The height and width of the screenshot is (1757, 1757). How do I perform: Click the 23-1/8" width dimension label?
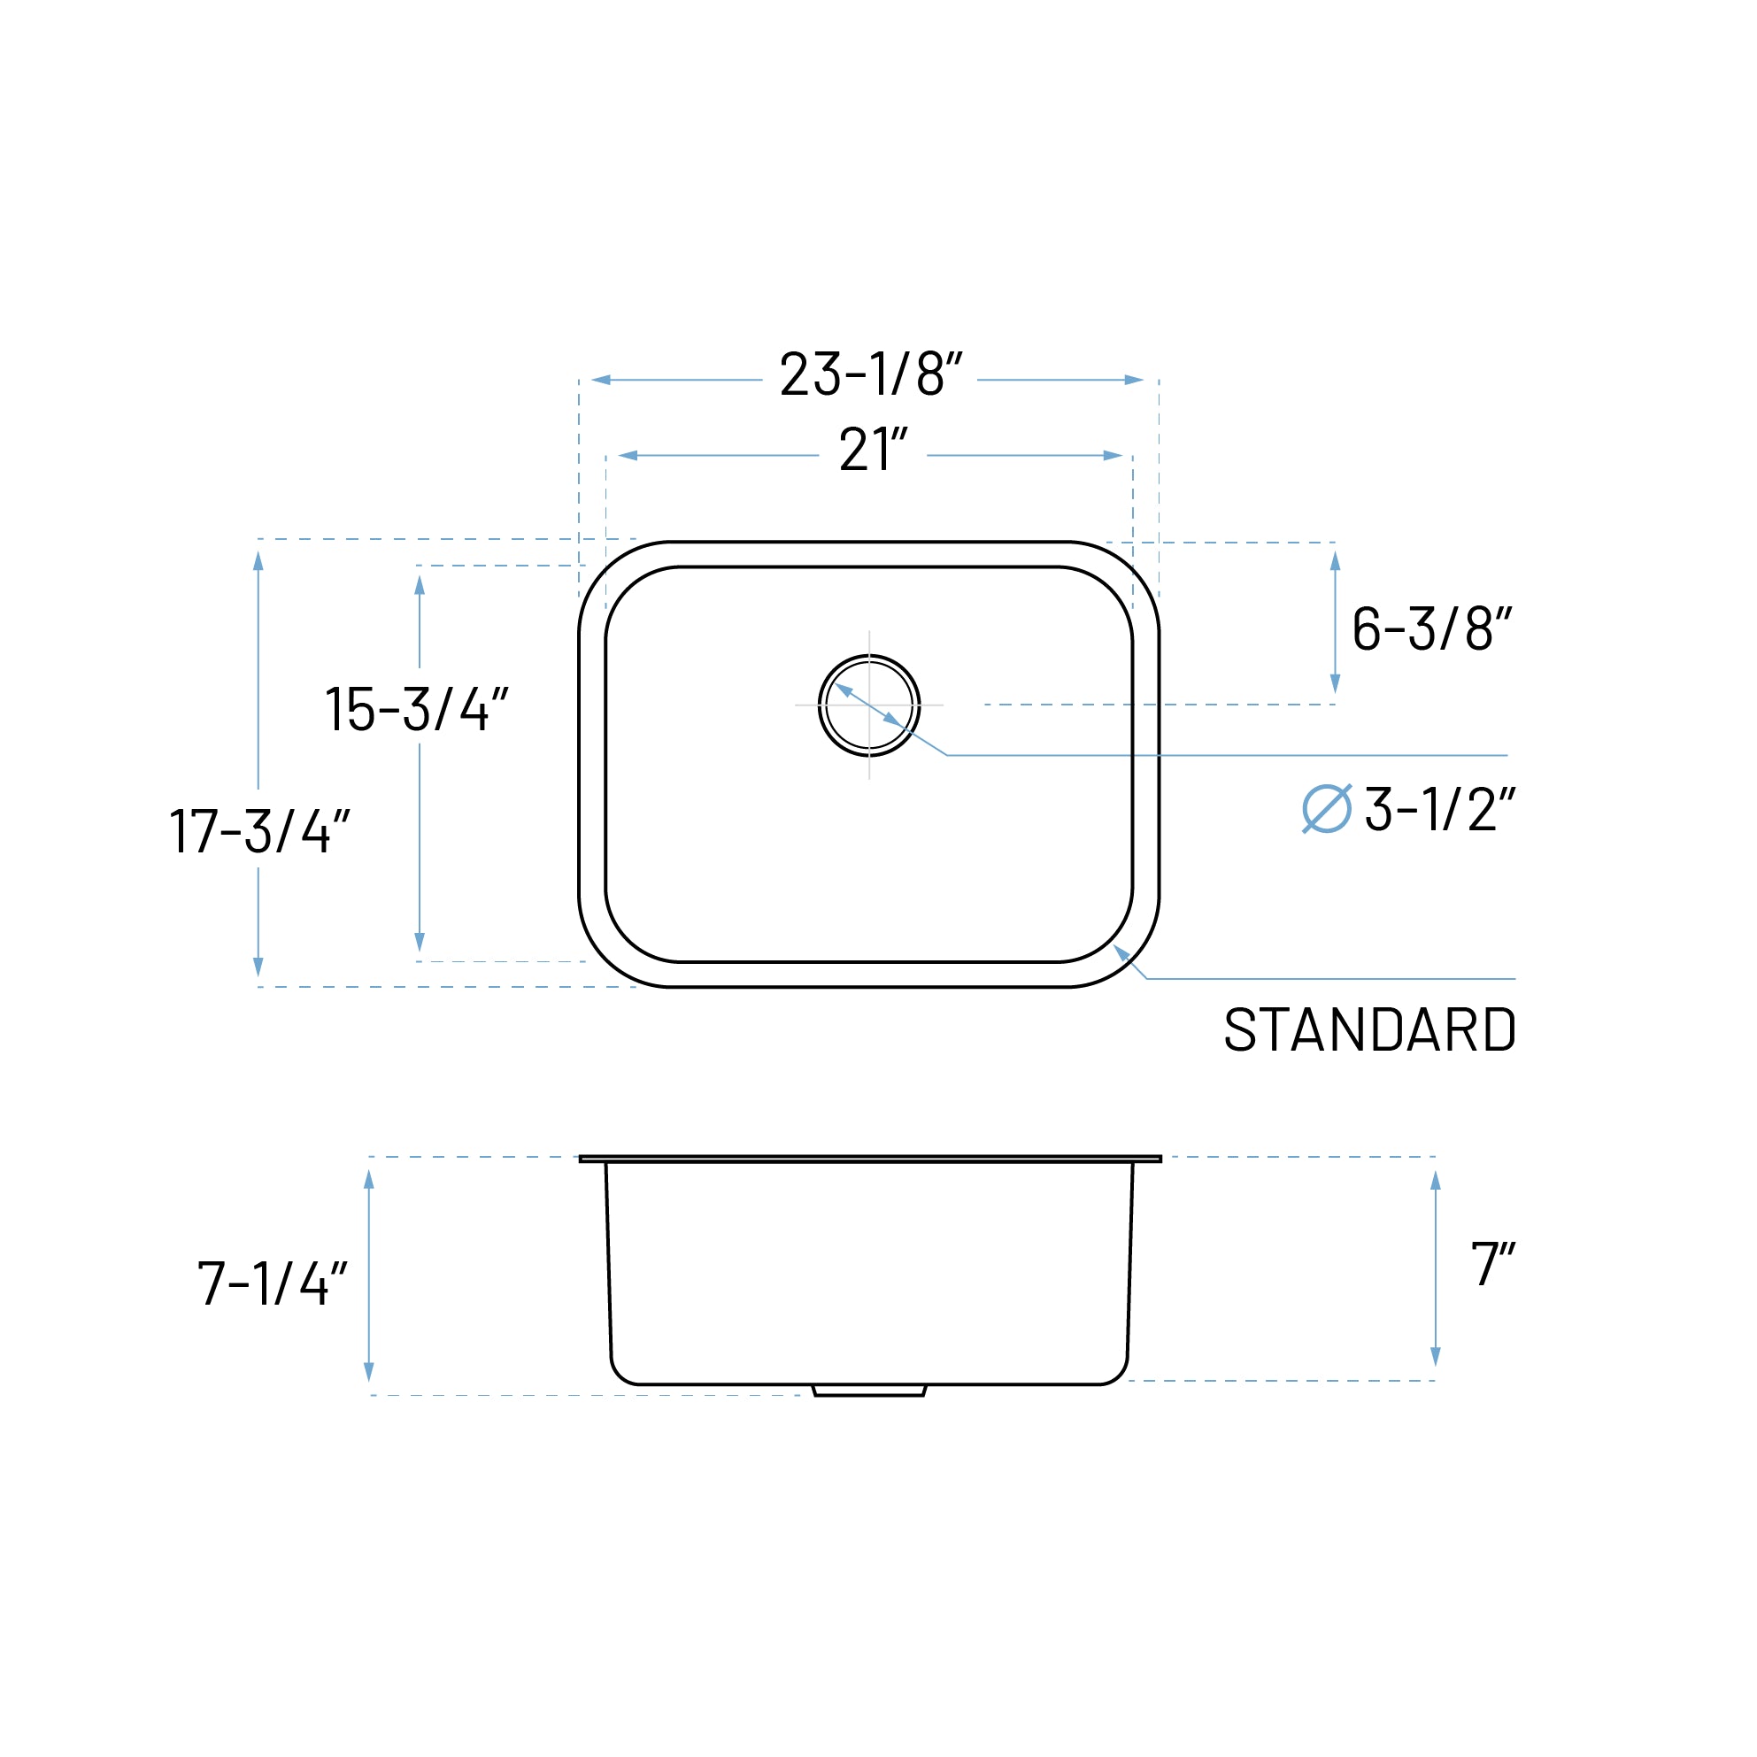coord(870,374)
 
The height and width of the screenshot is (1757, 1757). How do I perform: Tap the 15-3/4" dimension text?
coord(416,709)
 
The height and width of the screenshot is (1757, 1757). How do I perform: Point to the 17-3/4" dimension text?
coord(259,830)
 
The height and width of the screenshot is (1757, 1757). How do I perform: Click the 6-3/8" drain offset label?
coord(1431,628)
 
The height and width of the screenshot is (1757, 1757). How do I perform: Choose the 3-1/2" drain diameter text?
coord(1439,809)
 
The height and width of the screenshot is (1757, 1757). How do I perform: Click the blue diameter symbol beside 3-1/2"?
coord(1327,808)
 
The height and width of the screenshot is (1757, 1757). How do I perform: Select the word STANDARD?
coord(1369,1030)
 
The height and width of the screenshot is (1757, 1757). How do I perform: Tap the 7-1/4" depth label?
coord(272,1284)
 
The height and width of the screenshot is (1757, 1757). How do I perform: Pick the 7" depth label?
coord(1492,1264)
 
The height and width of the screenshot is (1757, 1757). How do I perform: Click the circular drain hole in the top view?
coord(868,705)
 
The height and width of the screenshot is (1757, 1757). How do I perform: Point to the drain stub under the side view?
coord(868,1391)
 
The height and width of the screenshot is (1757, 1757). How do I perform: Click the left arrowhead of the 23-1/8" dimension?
coord(601,379)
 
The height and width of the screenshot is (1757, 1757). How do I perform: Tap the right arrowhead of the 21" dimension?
coord(1114,456)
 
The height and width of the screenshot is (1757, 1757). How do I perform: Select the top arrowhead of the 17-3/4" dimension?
coord(258,561)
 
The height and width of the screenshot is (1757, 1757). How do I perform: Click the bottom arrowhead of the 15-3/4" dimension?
coord(420,942)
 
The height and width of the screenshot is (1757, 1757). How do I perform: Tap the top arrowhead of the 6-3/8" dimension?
coord(1335,561)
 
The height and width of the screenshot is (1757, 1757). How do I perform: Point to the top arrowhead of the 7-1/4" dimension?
coord(369,1180)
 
